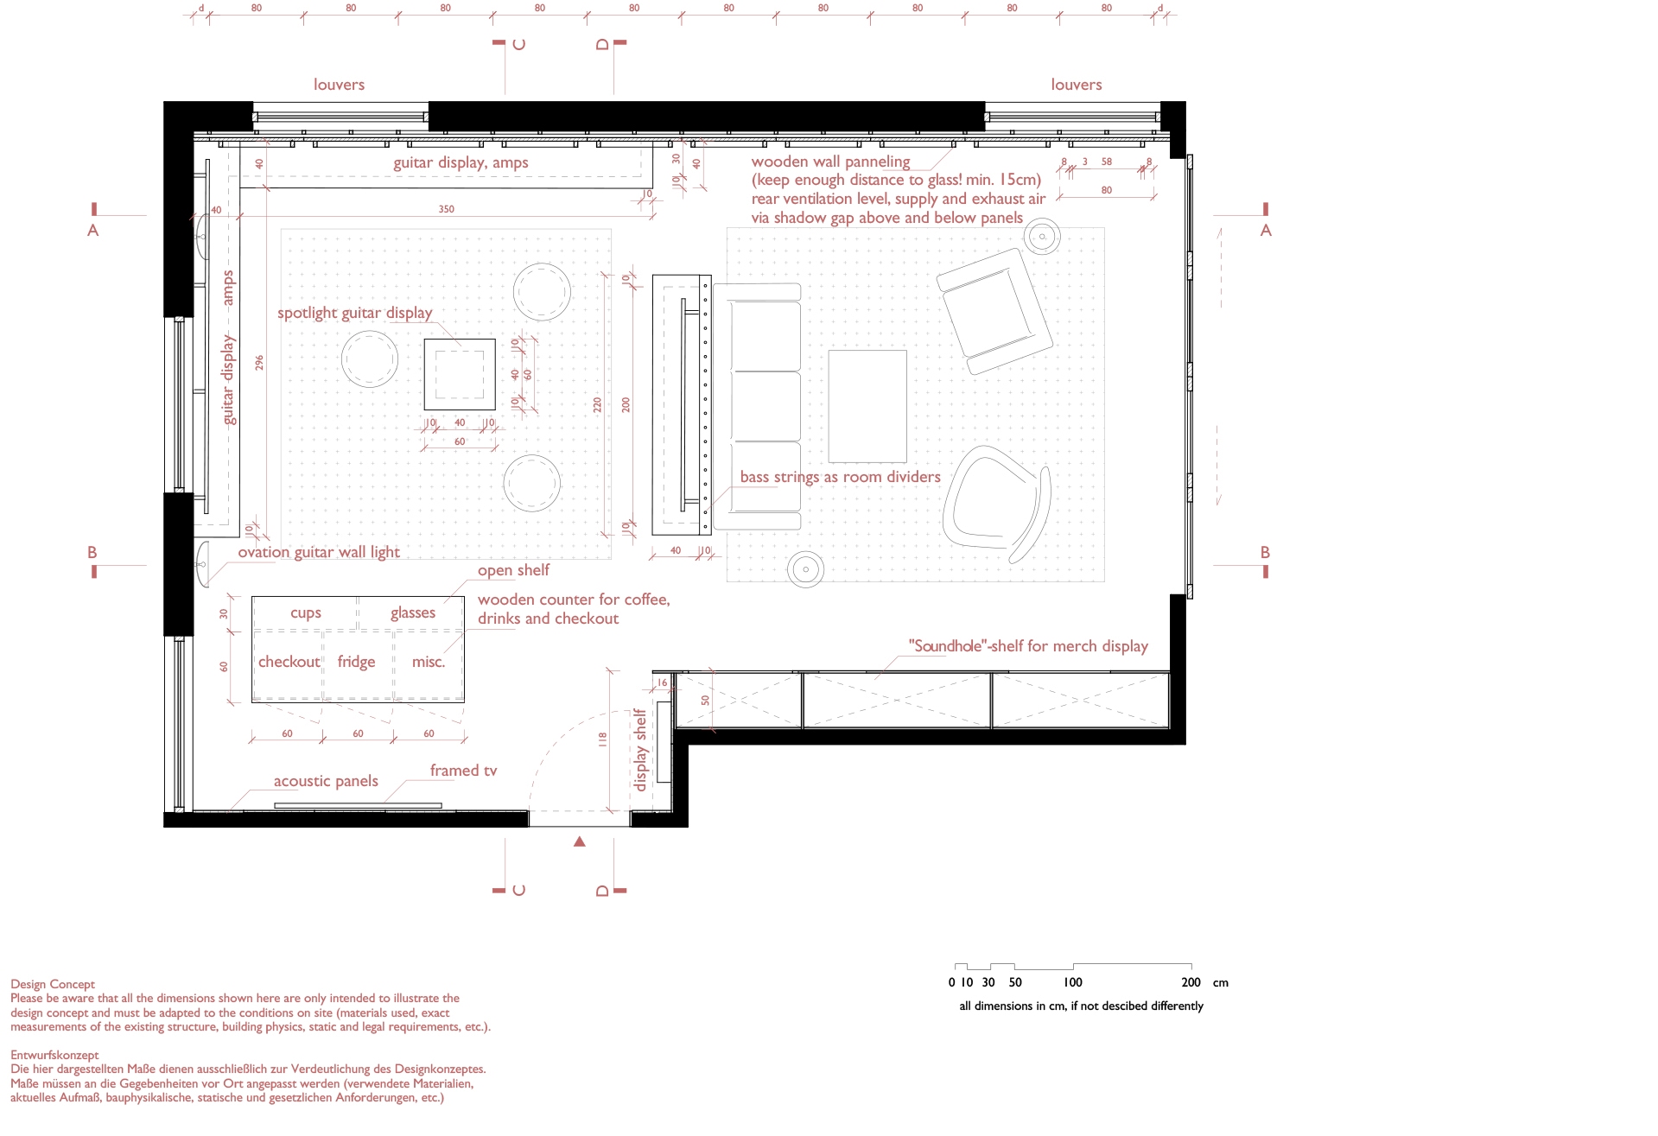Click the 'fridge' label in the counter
coord(356,662)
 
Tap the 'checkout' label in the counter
coord(289,662)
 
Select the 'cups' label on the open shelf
coord(306,613)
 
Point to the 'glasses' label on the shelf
coord(413,612)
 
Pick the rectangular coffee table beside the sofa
coord(867,406)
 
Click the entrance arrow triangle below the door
coord(580,841)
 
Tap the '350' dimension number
coord(446,209)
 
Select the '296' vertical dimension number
coord(259,363)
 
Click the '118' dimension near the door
coord(602,739)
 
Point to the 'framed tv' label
coord(463,771)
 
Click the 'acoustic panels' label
coord(326,781)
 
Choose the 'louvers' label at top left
coord(339,85)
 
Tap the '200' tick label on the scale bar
coord(1191,982)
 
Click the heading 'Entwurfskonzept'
coord(54,1055)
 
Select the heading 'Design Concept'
coord(53,984)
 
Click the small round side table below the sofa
coord(805,569)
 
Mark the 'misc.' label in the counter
coord(429,662)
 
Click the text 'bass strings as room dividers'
coord(840,477)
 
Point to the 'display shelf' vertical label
coord(639,750)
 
